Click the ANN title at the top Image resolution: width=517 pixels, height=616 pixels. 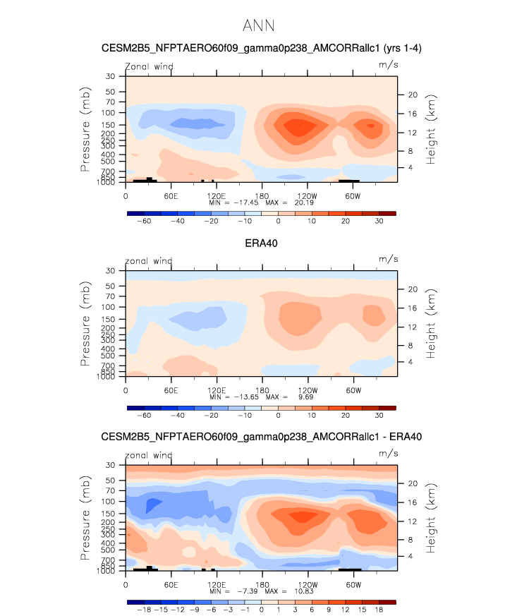coord(258,26)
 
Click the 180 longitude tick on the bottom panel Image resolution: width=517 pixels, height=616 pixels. coord(262,584)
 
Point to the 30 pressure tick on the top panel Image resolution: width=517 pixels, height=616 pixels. coord(111,76)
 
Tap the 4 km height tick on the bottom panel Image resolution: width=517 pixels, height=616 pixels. coord(412,556)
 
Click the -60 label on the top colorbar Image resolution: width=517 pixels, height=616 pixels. coord(144,221)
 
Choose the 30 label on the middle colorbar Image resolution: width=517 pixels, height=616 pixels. coord(379,416)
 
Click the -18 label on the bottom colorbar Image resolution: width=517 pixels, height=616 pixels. coord(143,610)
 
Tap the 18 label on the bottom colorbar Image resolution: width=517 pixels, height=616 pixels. coord(379,610)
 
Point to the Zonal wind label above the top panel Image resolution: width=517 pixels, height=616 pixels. coord(149,67)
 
